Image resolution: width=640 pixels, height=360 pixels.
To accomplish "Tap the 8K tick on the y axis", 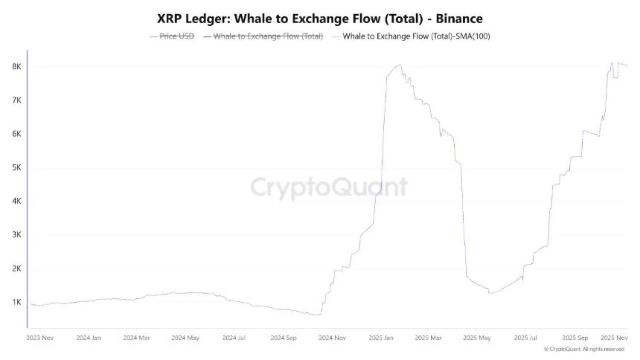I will (x=16, y=67).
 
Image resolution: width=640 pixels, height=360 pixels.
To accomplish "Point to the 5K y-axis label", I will (x=16, y=167).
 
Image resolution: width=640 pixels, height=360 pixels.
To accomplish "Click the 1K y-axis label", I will (x=16, y=302).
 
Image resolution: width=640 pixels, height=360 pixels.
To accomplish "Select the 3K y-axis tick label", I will (x=16, y=235).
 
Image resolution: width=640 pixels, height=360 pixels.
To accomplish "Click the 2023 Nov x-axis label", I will (x=40, y=338).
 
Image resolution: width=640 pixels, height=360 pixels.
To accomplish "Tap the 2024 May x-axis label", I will (x=185, y=338).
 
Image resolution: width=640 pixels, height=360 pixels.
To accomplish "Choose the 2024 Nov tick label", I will (x=332, y=338).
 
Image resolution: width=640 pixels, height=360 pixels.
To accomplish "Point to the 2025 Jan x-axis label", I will (x=380, y=338).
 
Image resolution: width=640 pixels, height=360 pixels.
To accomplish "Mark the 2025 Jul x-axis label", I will (x=525, y=338).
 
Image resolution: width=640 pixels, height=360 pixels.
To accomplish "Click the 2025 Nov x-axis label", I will (x=615, y=338).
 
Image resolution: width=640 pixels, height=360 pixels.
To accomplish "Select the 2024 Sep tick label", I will (x=283, y=338).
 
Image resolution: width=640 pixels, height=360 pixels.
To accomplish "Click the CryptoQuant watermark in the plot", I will (x=328, y=186).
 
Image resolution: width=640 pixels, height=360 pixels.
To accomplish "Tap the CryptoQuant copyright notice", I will (x=583, y=349).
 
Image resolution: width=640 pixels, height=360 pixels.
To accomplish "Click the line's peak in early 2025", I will (x=400, y=65).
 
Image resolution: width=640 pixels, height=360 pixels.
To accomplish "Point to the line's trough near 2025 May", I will (x=490, y=293).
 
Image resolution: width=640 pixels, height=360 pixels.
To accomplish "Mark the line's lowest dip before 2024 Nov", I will (x=318, y=315).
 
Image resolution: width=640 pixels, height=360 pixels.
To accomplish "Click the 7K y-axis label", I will (x=16, y=100).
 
